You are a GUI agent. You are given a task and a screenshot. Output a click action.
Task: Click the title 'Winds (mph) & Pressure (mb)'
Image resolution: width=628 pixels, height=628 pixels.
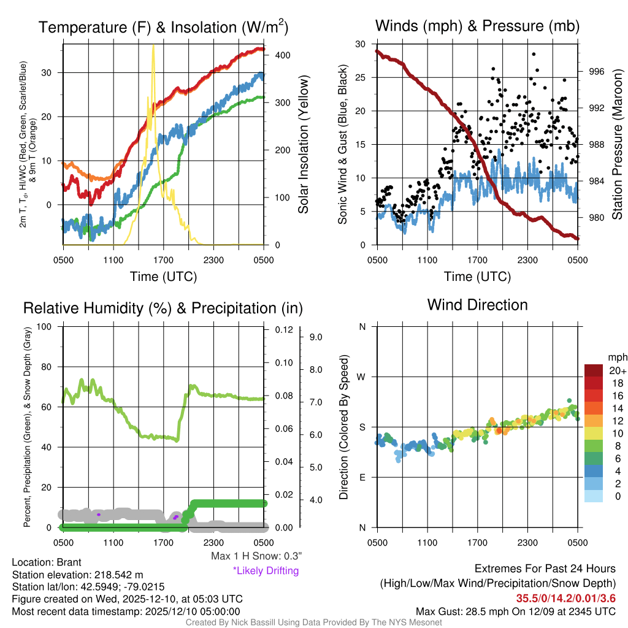(x=477, y=26)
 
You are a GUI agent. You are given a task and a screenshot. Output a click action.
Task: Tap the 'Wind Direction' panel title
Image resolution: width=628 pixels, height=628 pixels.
(x=477, y=305)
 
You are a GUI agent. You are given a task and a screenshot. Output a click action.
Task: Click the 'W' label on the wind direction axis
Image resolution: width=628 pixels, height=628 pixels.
(x=362, y=377)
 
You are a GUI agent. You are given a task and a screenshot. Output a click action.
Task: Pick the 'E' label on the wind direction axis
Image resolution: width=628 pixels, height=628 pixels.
(x=362, y=478)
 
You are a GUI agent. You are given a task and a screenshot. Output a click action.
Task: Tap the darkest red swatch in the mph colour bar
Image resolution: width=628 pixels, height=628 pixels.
(x=595, y=371)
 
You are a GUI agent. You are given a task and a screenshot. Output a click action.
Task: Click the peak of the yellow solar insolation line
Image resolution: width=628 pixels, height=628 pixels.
(x=153, y=45)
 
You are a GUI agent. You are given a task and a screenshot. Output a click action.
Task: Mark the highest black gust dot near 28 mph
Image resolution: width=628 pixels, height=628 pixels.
(x=534, y=54)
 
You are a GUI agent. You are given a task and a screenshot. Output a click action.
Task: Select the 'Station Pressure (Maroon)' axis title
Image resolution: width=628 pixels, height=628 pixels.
(x=618, y=144)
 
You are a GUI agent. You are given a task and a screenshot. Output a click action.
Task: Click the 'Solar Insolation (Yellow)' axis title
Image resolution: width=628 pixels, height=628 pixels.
(x=303, y=144)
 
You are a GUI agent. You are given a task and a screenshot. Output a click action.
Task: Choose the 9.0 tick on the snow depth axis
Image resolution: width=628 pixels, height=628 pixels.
(x=316, y=337)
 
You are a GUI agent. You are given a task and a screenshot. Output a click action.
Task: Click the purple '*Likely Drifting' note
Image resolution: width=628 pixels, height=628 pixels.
(x=265, y=571)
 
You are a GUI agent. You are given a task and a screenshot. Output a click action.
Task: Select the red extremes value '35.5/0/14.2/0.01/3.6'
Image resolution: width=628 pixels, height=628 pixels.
(x=565, y=598)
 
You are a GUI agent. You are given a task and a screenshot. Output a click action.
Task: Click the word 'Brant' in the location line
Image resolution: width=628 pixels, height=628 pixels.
(x=69, y=562)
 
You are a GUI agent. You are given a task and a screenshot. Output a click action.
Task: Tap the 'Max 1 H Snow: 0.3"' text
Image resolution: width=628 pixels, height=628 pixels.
(x=256, y=556)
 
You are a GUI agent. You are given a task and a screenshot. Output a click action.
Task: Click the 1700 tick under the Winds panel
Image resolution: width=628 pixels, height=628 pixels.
(x=477, y=259)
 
